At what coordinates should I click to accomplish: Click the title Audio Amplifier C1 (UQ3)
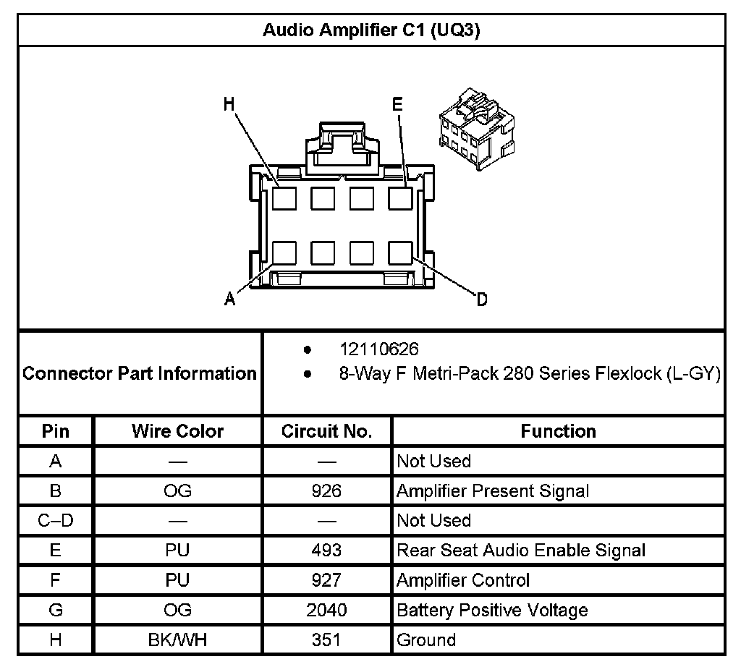pos(370,31)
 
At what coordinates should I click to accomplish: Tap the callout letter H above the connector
pos(229,105)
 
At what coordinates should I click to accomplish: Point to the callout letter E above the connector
pos(397,105)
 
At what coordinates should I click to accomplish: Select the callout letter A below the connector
pos(229,299)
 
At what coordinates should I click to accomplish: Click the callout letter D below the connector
pos(482,299)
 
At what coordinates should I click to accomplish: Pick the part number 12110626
pos(379,350)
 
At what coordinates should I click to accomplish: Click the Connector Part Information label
pos(140,373)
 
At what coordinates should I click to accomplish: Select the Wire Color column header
pos(177,431)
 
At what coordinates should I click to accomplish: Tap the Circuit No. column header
pos(326,431)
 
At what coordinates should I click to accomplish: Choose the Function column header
pos(558,431)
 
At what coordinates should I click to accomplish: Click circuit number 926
pos(326,491)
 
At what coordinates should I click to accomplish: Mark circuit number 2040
pos(326,610)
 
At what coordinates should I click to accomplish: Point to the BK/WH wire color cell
pos(177,640)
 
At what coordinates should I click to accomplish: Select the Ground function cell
pos(426,640)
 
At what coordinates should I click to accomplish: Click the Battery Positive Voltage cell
pos(492,610)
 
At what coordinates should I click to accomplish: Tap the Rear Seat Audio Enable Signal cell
pos(521,551)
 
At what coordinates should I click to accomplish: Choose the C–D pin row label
pos(56,521)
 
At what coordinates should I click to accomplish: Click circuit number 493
pos(326,551)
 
